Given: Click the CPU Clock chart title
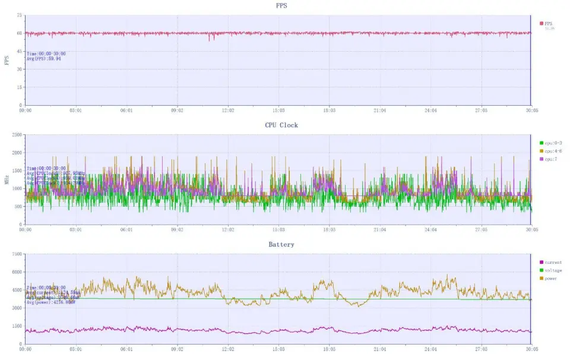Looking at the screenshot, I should pos(281,125).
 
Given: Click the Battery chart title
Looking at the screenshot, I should pos(281,244).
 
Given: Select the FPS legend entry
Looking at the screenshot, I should pos(547,24).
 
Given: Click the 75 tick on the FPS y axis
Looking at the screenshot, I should pos(19,15).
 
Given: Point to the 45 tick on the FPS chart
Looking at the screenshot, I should pos(19,51).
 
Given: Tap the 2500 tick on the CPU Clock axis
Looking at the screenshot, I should pos(16,135).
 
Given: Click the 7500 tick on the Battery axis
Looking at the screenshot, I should pos(16,254).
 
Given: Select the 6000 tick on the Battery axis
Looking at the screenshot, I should pos(16,271).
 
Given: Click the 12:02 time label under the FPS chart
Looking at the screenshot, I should pos(227,110).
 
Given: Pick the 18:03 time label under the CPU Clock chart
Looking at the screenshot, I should pos(329,229).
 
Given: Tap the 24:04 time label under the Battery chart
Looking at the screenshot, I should pos(430,349).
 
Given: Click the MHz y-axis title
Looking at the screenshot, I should pos(7,179).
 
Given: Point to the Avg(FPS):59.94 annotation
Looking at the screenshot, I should pos(46,59).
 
